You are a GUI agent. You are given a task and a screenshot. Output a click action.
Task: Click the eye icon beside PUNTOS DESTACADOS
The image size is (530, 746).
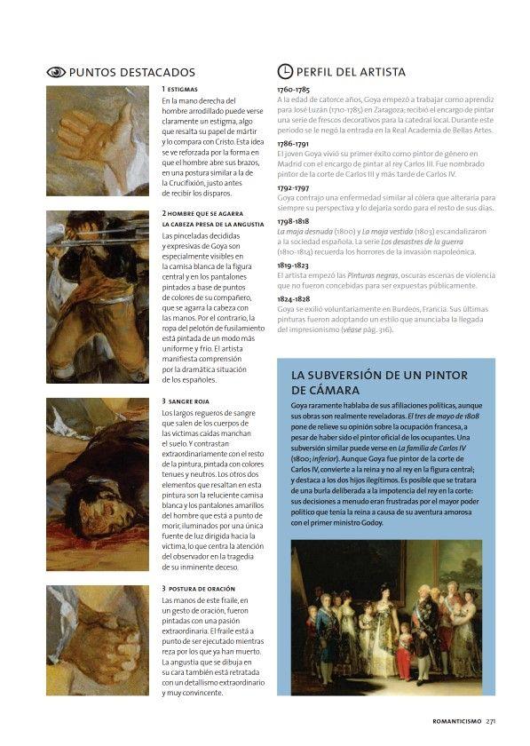pos(56,72)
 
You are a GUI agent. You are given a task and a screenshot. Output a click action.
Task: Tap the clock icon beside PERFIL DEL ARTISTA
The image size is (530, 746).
pos(285,72)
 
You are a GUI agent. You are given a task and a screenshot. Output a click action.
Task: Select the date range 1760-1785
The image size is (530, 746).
pos(293,91)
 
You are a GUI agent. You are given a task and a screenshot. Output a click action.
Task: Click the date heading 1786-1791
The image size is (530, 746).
pos(293,143)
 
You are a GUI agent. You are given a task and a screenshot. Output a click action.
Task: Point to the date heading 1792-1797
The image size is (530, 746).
pos(293,187)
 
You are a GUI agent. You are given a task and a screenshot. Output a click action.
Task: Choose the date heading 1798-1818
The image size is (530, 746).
pos(293,221)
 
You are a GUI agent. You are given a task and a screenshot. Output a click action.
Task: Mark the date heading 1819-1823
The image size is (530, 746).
pos(293,265)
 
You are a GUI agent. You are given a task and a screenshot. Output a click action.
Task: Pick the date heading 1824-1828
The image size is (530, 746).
pos(293,299)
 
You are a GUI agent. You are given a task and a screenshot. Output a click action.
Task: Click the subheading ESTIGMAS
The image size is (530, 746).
pos(183,90)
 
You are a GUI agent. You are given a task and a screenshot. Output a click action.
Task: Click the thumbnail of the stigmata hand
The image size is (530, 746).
pos(97,140)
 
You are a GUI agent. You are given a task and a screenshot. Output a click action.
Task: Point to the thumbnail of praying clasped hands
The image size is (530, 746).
pos(97,639)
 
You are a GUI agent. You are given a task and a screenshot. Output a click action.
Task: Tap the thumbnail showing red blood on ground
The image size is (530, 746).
pos(97,483)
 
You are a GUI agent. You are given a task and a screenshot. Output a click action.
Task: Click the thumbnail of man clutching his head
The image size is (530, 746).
pos(97,297)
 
